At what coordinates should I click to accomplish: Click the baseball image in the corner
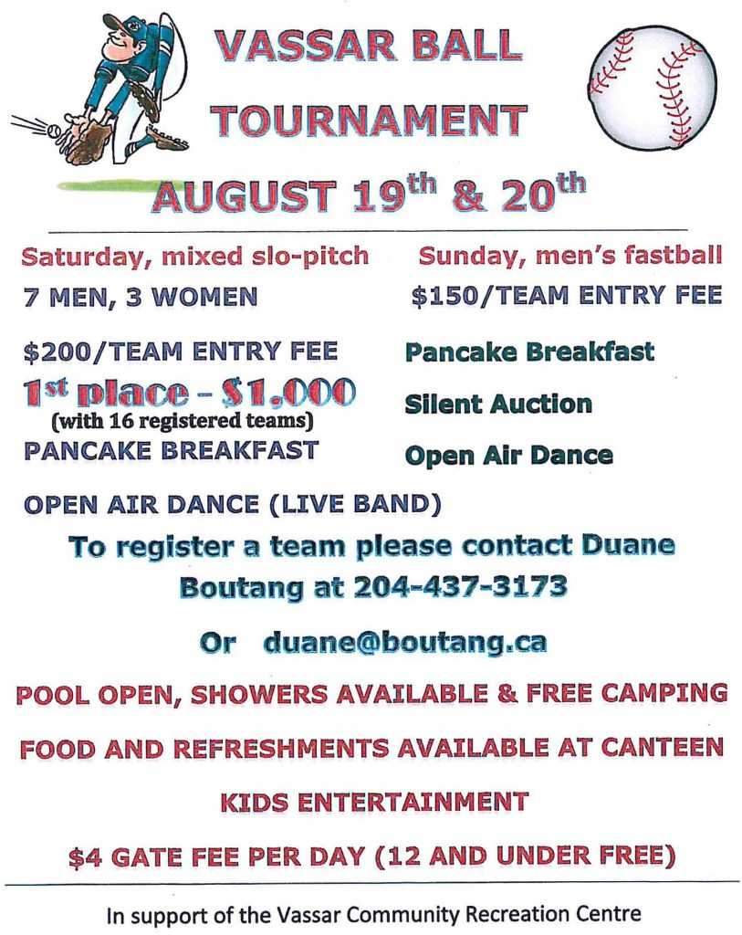point(652,89)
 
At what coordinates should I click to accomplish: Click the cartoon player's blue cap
point(122,24)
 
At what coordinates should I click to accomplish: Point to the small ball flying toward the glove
point(52,130)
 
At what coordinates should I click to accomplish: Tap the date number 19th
point(394,194)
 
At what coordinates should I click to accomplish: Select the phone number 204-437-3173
point(459,587)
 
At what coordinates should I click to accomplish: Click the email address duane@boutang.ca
point(404,643)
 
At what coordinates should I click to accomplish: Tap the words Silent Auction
point(498,404)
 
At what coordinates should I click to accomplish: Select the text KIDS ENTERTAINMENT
point(374,803)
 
